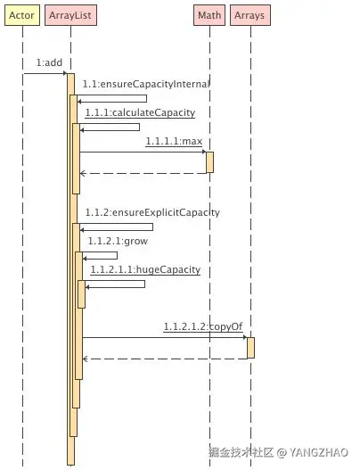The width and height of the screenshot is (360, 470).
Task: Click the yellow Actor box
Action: pos(22,15)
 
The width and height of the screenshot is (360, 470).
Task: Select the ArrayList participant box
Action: pos(70,15)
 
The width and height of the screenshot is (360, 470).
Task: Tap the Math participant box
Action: pos(209,15)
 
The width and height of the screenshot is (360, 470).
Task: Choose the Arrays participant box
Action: pos(250,15)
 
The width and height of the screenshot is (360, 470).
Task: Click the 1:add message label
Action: pos(49,62)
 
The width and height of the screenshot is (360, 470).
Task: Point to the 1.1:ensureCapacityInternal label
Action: pos(146,84)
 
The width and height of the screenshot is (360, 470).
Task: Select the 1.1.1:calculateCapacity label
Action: pos(140,112)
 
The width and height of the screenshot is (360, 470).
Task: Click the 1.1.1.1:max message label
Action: pos(174,141)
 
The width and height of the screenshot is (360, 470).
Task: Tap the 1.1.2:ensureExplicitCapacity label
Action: pos(152,212)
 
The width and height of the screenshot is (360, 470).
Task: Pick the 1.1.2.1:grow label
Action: pos(118,242)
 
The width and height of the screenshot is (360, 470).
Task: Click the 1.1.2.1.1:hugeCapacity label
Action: pos(145,269)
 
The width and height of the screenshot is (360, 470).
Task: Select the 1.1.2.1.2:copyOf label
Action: pos(203,326)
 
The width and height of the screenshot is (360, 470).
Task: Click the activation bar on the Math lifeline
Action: pos(210,162)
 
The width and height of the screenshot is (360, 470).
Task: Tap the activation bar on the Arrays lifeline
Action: pos(251,348)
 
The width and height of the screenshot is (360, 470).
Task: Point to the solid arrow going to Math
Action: pos(143,152)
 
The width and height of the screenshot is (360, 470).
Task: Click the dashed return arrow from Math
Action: pos(143,173)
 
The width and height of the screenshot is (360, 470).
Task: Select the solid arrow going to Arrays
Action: pos(165,337)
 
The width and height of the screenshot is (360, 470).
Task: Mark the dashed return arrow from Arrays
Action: pos(165,359)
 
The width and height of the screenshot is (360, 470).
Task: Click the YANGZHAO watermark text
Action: pos(319,452)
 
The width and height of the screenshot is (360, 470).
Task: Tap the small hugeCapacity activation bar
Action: pos(81,294)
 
